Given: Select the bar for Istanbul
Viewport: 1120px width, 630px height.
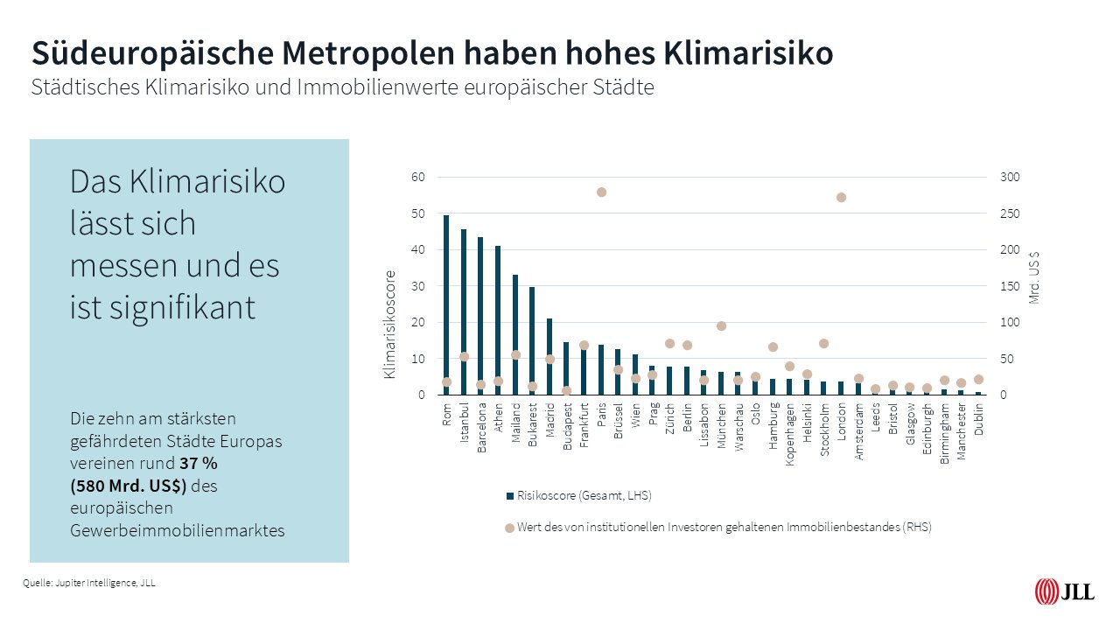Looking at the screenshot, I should (x=464, y=311).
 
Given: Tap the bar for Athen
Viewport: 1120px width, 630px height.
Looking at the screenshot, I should (x=498, y=320).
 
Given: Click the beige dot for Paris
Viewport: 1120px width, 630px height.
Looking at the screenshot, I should (x=601, y=192).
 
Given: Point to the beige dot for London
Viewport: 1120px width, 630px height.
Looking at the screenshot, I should (x=841, y=197).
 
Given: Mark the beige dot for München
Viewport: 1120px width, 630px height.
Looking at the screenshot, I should (x=721, y=325).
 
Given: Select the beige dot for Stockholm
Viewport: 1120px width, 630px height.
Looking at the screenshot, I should (x=823, y=343).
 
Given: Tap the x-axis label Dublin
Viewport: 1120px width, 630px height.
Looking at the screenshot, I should (x=979, y=418).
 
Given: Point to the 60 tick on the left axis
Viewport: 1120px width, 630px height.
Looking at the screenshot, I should (x=418, y=178).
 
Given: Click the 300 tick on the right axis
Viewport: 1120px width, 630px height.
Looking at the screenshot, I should (x=1010, y=178).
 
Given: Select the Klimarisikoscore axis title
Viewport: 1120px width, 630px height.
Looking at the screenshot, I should (x=390, y=324).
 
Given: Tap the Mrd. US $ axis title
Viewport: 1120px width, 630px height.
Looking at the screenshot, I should (x=1035, y=277).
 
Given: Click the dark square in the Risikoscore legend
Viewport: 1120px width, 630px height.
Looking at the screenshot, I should (x=509, y=496).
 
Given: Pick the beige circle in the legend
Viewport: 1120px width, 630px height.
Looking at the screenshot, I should (x=509, y=528).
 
